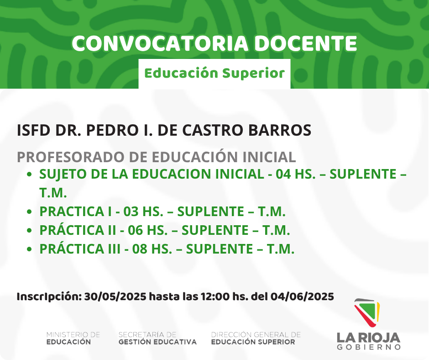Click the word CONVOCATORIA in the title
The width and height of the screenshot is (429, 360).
coord(160,43)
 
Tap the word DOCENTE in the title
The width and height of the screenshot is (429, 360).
coord(306,43)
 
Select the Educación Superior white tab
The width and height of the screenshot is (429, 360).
coord(214,74)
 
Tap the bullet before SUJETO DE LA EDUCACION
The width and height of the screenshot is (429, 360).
coord(30,174)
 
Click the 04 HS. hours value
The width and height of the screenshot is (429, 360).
coord(295,174)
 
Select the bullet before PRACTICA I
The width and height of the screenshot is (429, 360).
coord(30,212)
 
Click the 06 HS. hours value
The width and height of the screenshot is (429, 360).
coord(148,230)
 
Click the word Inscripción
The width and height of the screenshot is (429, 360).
coord(49,296)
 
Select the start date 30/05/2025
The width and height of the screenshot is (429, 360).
coord(115,296)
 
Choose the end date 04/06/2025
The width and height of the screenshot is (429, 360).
coord(302,296)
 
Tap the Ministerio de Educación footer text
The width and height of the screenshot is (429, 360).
coord(73,338)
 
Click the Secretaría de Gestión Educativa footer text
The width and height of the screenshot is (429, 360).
coord(157,338)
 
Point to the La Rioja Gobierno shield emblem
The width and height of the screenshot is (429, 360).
coord(367,312)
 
